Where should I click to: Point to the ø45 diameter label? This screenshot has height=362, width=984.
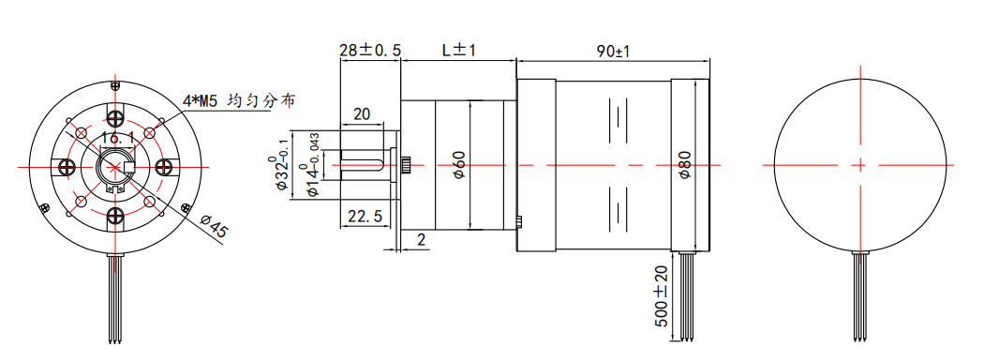click(212, 226)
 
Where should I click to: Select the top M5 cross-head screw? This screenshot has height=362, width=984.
click(115, 117)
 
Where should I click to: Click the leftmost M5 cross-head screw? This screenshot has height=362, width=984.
click(66, 167)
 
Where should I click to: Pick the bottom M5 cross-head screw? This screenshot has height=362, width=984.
click(115, 217)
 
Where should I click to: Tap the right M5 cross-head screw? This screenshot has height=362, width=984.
click(164, 167)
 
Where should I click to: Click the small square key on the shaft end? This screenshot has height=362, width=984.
click(130, 167)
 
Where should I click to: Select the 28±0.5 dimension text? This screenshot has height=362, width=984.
click(369, 51)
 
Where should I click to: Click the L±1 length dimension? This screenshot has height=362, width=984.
click(459, 51)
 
